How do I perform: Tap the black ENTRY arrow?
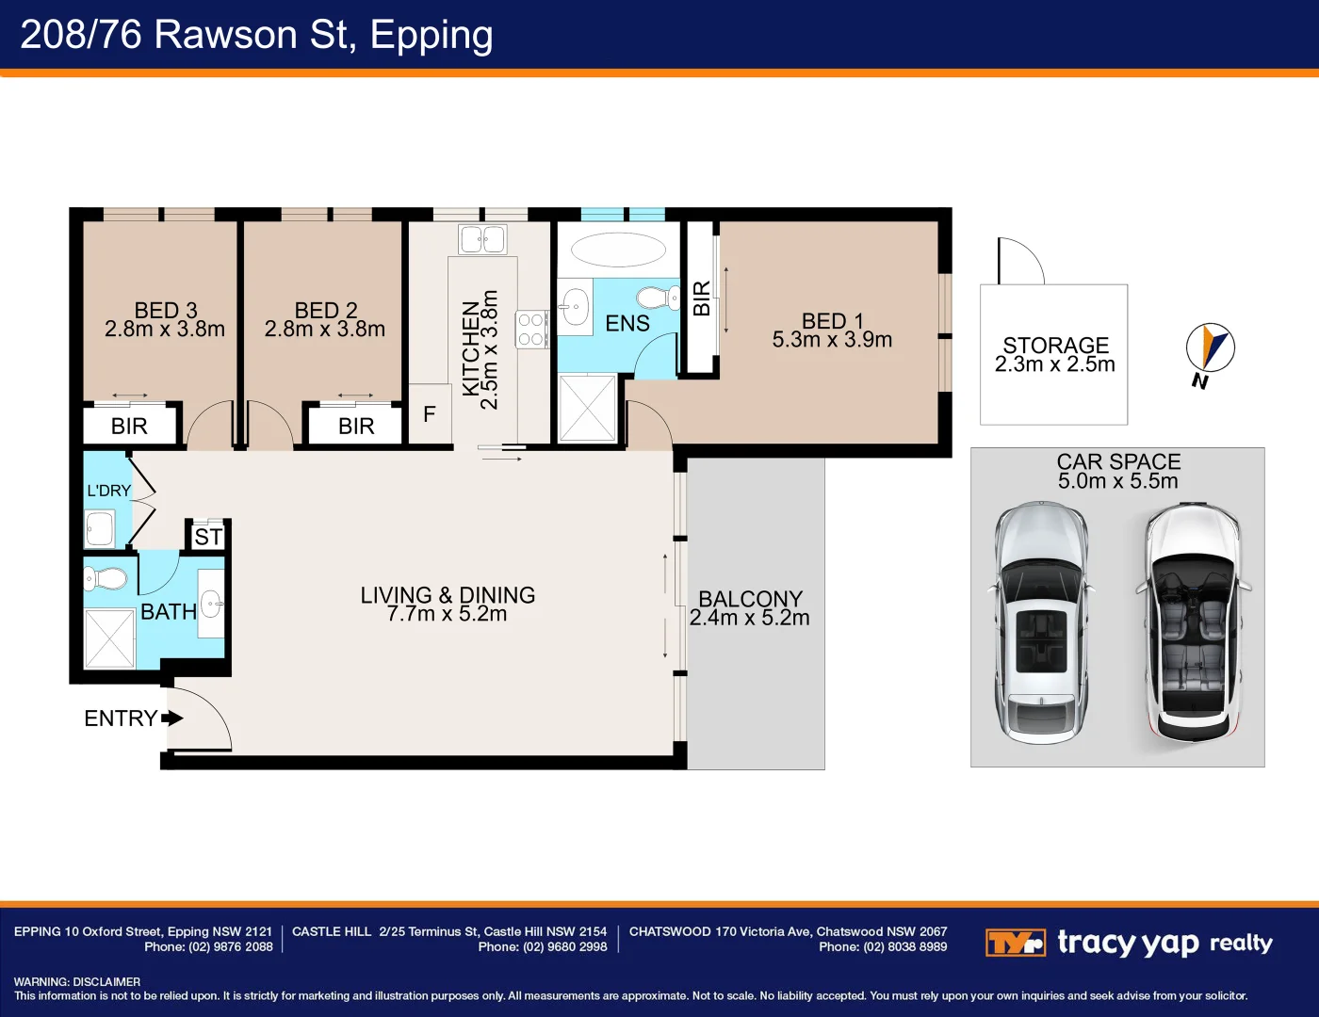tap(172, 718)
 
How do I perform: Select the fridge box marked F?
tap(430, 413)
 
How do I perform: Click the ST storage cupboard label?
tap(209, 537)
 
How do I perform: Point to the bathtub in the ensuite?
tap(618, 250)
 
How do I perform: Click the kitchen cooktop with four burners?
tap(531, 330)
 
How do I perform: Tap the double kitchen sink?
tap(482, 239)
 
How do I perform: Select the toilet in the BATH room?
tap(105, 578)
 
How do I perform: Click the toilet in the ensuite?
tap(658, 298)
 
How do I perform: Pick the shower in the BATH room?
tap(109, 638)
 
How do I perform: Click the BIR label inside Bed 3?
tap(129, 427)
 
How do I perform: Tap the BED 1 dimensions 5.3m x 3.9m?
tap(832, 340)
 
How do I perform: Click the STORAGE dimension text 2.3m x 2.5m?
tap(1055, 363)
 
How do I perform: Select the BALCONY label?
tap(750, 599)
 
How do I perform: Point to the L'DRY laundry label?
tap(109, 491)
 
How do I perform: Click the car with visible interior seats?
tap(1194, 622)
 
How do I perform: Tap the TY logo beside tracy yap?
tap(1016, 943)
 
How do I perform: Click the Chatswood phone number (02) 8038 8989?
tap(883, 946)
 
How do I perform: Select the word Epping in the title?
tap(431, 36)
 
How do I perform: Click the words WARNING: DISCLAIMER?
tap(77, 982)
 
